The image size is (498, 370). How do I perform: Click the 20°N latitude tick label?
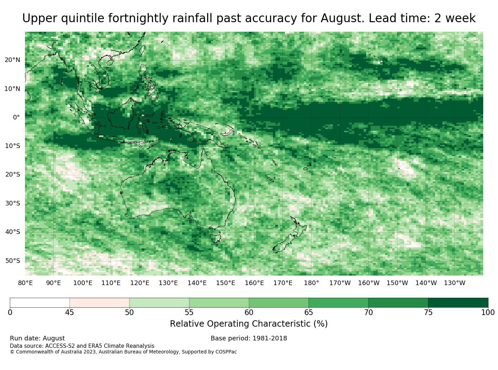pyautogui.click(x=12, y=60)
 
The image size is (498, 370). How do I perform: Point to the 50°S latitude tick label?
pyautogui.click(x=13, y=261)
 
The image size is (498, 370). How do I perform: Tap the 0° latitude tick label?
pyautogui.click(x=16, y=117)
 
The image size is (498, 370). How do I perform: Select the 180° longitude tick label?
pyautogui.click(x=311, y=283)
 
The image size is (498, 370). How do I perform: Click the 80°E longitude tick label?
pyautogui.click(x=25, y=283)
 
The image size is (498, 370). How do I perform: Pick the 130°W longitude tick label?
pyautogui.click(x=454, y=283)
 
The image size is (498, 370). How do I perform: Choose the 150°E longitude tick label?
pyautogui.click(x=225, y=283)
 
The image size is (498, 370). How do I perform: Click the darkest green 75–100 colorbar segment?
pyautogui.click(x=458, y=302)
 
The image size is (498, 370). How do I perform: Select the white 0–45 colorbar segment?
pyautogui.click(x=40, y=302)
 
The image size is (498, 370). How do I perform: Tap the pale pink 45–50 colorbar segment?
pyautogui.click(x=100, y=302)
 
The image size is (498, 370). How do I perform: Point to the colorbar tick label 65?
pyautogui.click(x=308, y=312)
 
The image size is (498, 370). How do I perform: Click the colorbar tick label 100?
pyautogui.click(x=488, y=312)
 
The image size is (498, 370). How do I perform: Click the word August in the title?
pyautogui.click(x=343, y=18)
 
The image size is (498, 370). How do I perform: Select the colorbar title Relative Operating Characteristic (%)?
pyautogui.click(x=249, y=323)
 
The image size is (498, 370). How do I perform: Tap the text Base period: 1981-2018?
pyautogui.click(x=249, y=338)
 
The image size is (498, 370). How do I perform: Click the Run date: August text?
pyautogui.click(x=37, y=338)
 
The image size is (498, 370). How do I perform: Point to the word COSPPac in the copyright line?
pyautogui.click(x=226, y=352)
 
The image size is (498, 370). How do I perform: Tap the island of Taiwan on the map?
pyautogui.click(x=142, y=50)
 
